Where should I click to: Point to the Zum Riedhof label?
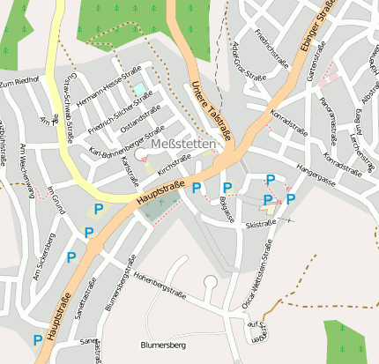click(x=20, y=82)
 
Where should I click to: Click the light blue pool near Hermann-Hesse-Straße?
click(x=139, y=90)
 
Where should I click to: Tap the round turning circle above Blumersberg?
click(x=210, y=282)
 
